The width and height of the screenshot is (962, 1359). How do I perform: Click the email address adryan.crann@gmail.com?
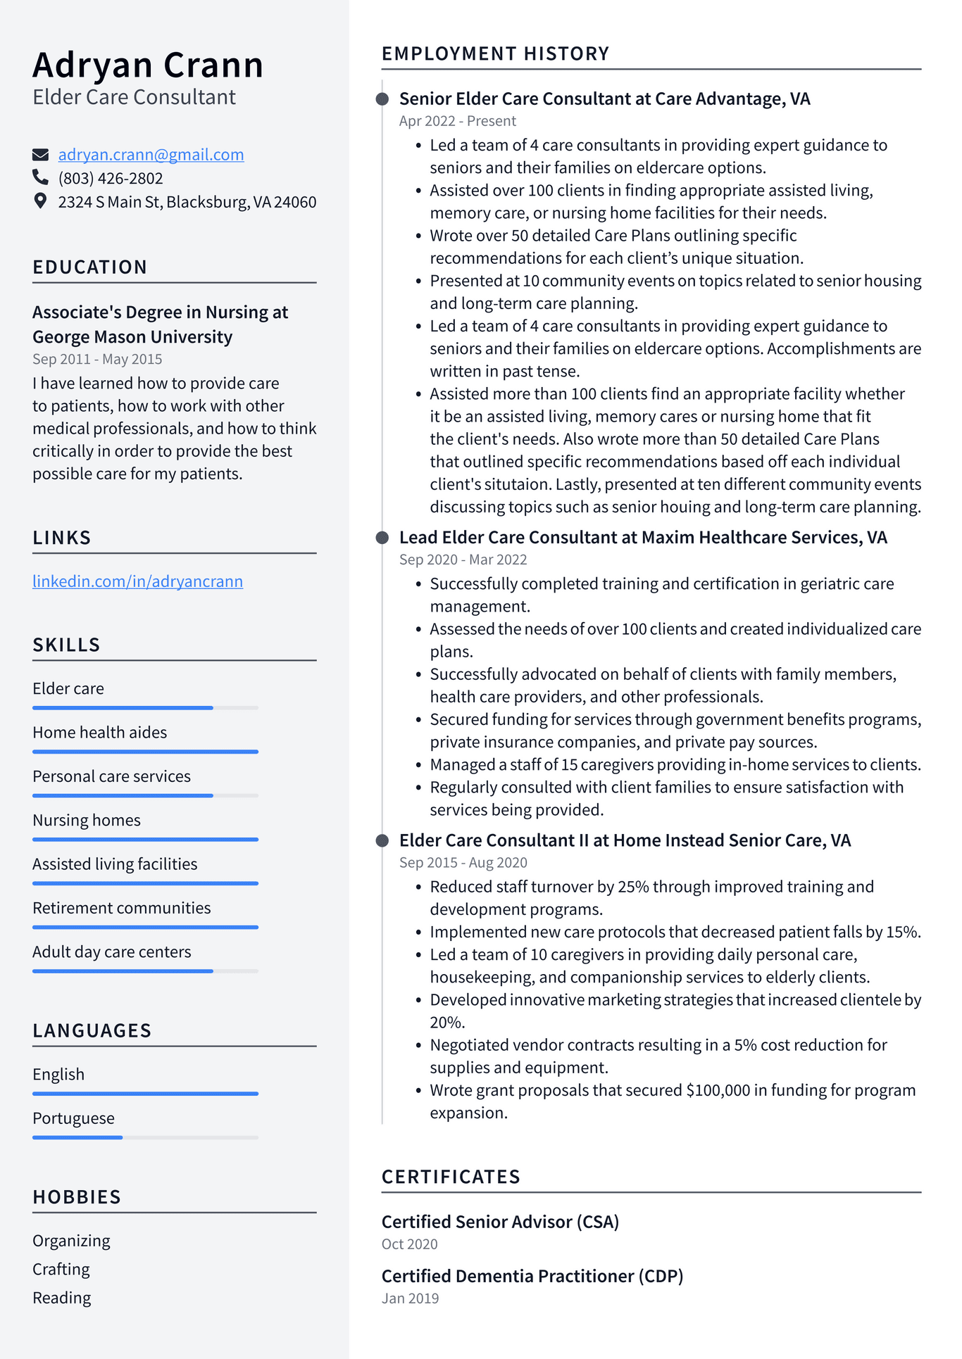click(x=151, y=155)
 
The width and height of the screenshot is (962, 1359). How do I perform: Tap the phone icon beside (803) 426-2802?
click(x=41, y=177)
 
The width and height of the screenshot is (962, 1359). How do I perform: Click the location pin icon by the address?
click(x=41, y=201)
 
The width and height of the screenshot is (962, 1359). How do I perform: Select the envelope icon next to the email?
click(x=41, y=154)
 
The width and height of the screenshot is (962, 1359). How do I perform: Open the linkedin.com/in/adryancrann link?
click(x=137, y=581)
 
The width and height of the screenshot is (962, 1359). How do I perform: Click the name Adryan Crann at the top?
click(x=148, y=65)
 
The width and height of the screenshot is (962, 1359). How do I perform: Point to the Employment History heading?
click(x=495, y=53)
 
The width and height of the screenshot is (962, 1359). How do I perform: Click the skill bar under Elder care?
click(x=145, y=707)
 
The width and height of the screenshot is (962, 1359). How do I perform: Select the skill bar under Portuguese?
click(x=145, y=1137)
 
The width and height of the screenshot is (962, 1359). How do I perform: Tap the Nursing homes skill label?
click(x=87, y=821)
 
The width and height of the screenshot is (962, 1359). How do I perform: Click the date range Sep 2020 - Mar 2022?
click(x=463, y=560)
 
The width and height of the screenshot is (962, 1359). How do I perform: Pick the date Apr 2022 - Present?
click(x=457, y=121)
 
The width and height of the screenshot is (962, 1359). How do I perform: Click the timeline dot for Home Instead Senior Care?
click(x=382, y=840)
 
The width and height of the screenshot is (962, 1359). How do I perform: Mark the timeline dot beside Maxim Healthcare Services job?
click(x=382, y=538)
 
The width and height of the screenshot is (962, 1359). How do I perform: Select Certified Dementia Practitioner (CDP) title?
click(x=532, y=1276)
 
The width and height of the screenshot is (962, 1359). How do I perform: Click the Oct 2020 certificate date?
click(x=409, y=1244)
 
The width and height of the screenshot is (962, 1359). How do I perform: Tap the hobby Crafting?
click(x=61, y=1270)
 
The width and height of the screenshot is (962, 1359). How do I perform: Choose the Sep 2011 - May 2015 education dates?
click(x=97, y=359)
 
